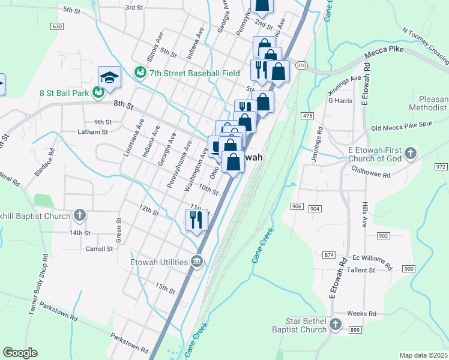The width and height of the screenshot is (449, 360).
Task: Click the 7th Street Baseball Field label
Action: [186, 73]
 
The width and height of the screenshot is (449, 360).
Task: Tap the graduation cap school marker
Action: [109, 77]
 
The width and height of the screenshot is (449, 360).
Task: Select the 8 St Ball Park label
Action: [64, 93]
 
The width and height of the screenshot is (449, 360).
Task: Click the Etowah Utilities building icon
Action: [197, 260]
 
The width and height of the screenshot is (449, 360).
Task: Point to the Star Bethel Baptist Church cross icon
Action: [335, 325]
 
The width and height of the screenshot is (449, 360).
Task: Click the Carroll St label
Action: [99, 248]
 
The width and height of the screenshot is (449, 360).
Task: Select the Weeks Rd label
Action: [361, 314]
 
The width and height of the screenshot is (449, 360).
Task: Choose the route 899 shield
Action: [355, 330]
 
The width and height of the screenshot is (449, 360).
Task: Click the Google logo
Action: [20, 352]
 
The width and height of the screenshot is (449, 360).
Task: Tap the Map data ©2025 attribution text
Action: [423, 355]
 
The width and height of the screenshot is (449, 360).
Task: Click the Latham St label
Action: [92, 132]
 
